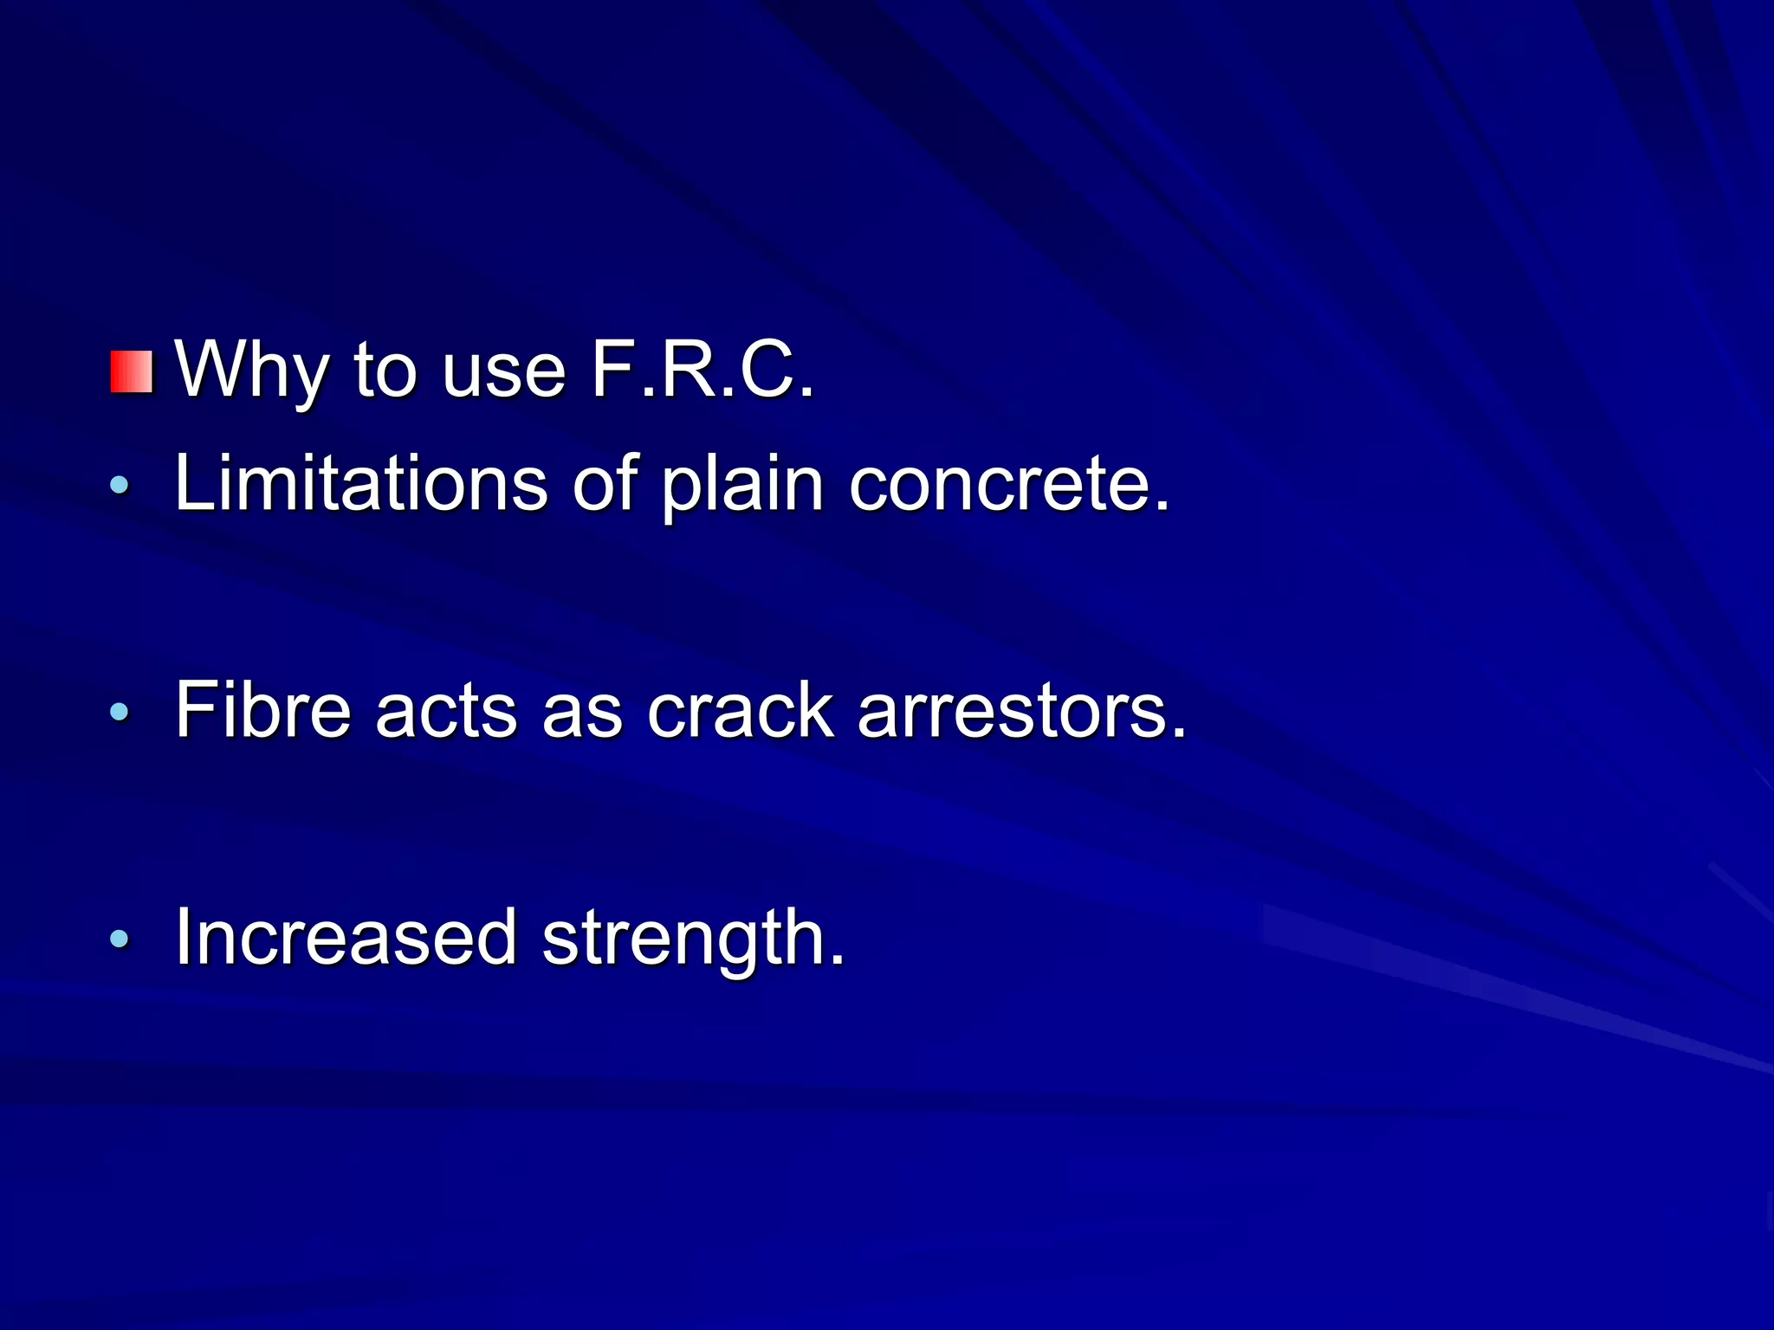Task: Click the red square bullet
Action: [132, 372]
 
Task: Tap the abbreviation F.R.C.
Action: [702, 370]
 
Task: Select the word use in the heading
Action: [503, 372]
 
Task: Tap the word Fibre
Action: [262, 710]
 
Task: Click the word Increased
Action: [346, 937]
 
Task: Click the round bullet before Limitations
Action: [120, 485]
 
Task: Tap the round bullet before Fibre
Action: [120, 712]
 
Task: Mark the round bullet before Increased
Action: [120, 938]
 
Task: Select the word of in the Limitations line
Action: [605, 483]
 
